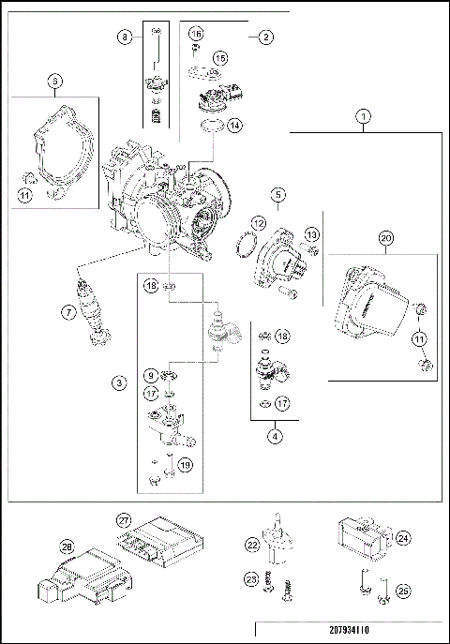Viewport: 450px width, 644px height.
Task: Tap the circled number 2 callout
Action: (265, 37)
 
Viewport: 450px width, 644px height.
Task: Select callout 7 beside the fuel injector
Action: (69, 312)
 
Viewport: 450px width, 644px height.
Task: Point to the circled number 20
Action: (384, 239)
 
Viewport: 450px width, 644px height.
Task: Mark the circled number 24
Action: (404, 538)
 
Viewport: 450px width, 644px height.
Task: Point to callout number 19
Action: (186, 462)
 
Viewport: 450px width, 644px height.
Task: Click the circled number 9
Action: (150, 375)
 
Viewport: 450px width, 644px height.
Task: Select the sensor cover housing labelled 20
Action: (369, 300)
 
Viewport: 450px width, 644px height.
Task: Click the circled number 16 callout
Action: (195, 33)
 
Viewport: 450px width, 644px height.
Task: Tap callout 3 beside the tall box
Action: (119, 382)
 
